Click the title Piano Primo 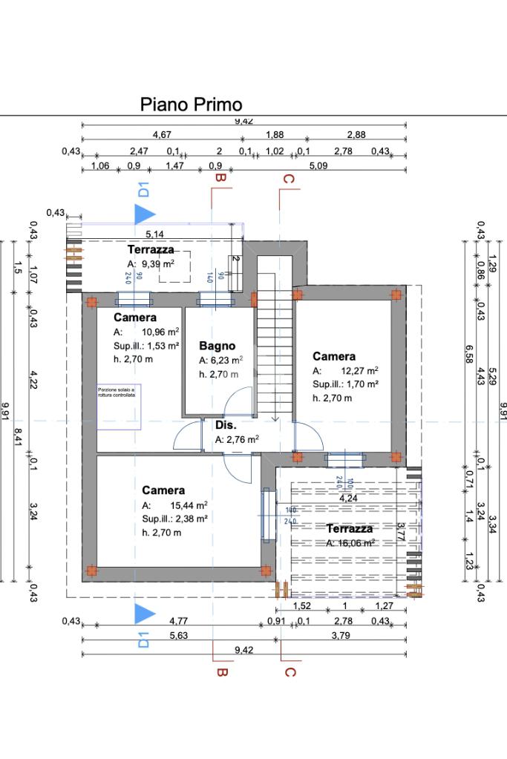tap(191, 105)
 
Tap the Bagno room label tap(217, 346)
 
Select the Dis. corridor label tap(226, 425)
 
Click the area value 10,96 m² tap(158, 332)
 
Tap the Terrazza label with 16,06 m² tap(350, 529)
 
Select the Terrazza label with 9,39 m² tap(151, 250)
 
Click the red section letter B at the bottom tap(220, 672)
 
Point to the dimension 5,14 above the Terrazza tap(155, 234)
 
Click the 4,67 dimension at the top tap(162, 134)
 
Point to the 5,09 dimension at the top tap(318, 165)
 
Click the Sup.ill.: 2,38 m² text tap(174, 519)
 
